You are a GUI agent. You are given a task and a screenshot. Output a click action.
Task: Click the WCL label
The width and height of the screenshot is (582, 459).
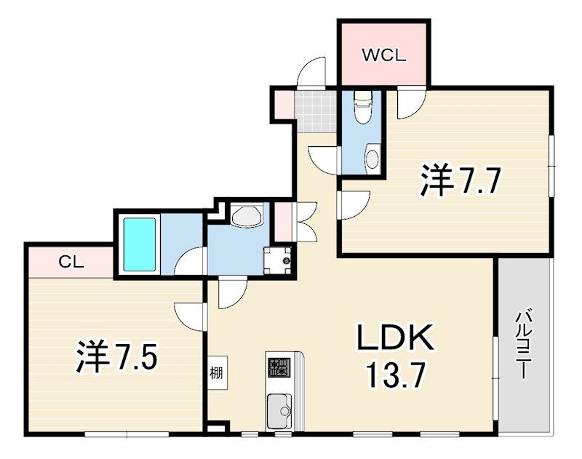coord(384,56)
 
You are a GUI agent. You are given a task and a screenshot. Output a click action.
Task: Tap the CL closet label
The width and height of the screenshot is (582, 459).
coord(71,263)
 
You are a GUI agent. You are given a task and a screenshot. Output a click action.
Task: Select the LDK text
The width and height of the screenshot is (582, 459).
coord(395,338)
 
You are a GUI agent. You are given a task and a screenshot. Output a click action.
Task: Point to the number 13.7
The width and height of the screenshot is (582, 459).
coord(395,375)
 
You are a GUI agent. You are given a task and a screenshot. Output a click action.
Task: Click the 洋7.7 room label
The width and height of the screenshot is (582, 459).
coord(461,181)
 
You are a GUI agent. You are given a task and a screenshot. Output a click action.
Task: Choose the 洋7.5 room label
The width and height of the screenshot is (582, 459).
coord(117,357)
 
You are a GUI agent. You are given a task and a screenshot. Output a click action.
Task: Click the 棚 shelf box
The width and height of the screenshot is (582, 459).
coord(218,372)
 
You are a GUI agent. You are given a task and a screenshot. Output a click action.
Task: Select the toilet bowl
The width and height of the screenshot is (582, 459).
coord(363,107)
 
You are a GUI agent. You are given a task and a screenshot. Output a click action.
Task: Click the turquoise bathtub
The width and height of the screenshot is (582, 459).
coord(140,244)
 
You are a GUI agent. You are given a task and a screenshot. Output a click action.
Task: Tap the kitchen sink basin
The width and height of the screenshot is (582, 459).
coord(279,411)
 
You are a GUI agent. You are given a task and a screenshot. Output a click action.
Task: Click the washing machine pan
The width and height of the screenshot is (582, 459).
coord(277,260)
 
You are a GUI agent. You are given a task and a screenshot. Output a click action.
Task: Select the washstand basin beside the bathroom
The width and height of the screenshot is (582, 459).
coord(247,215)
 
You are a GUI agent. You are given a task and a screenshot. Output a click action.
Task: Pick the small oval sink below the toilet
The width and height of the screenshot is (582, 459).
coord(372,159)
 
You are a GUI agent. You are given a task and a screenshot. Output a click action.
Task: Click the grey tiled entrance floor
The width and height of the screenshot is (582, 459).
coord(316,111)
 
